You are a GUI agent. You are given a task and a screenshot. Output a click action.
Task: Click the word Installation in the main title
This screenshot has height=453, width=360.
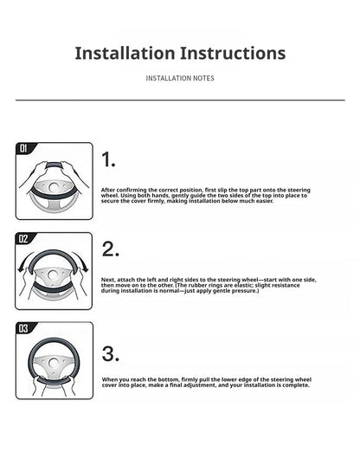tap(125, 53)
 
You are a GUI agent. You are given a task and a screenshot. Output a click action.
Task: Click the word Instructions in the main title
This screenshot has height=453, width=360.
tap(234, 53)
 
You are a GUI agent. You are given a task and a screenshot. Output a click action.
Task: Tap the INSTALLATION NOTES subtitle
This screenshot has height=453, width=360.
tap(180, 78)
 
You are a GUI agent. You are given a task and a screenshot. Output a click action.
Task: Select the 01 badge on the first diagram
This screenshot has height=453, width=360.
tap(23, 148)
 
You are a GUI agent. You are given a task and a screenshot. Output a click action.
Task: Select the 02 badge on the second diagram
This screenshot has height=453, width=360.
tap(23, 239)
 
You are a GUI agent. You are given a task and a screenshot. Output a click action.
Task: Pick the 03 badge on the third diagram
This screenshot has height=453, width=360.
tap(23, 328)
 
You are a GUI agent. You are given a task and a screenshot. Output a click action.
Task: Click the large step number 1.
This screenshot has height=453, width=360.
tap(108, 159)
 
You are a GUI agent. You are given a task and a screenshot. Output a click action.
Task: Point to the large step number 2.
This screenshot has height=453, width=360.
tap(110, 249)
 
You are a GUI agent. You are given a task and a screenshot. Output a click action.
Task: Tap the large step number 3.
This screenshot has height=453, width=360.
tap(111, 354)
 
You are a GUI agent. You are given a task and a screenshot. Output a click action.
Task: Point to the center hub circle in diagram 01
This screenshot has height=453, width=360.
tap(54, 187)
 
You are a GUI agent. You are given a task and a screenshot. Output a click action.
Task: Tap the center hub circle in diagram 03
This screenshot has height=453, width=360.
tap(54, 363)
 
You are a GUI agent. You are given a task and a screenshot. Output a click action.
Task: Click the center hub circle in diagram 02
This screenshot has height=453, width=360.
tap(53, 275)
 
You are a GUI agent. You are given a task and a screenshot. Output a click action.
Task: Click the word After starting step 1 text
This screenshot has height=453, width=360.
tap(108, 190)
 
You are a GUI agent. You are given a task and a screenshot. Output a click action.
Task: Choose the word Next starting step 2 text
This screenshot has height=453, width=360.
tap(108, 280)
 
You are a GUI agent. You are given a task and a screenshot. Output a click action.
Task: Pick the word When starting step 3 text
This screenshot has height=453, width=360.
tap(109, 379)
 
